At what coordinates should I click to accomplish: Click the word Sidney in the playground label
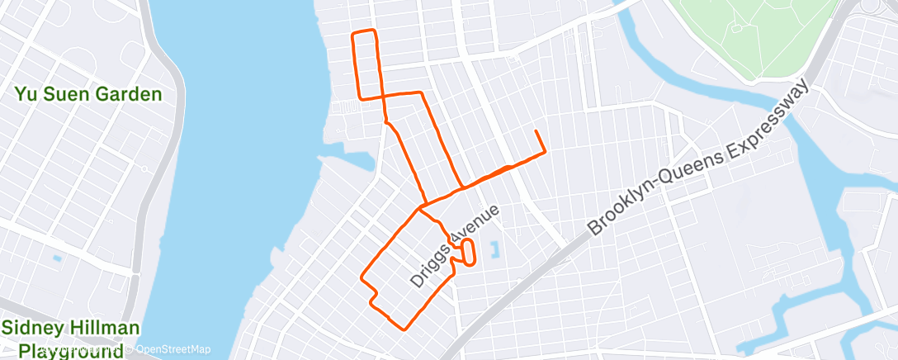pos(31,329)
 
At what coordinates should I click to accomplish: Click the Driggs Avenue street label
pos(455,246)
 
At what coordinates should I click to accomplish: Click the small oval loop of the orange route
pos(469,252)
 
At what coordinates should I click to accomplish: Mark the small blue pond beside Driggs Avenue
pos(495,249)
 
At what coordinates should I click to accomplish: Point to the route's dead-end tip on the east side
pos(536,131)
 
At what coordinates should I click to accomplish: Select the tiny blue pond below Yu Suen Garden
pos(56,258)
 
